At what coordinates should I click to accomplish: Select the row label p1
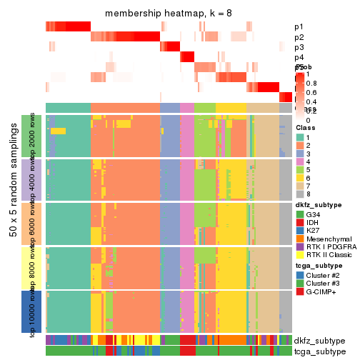[x=299, y=27]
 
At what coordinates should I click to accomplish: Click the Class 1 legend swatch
[x=300, y=137]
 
